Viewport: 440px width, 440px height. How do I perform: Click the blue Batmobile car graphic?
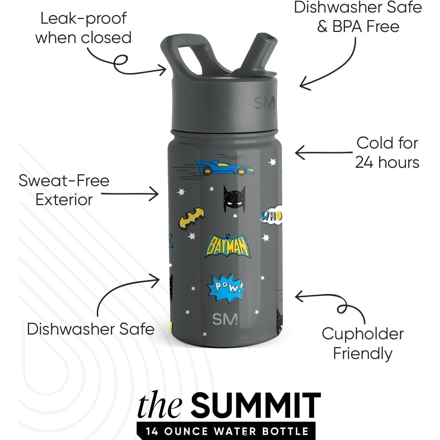[x=224, y=168]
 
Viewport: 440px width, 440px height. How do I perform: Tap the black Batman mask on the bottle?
[x=234, y=199]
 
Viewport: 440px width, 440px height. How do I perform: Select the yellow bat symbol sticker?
[x=191, y=217]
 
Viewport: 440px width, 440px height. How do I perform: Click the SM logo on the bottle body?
[x=225, y=319]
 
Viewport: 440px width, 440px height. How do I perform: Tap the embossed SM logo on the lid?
[x=265, y=103]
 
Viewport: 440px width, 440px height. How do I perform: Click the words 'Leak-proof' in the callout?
[x=83, y=19]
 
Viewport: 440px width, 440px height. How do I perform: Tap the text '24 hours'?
[x=387, y=162]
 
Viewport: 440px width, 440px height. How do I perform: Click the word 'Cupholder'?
[x=363, y=334]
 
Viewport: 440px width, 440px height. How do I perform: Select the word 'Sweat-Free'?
[x=64, y=181]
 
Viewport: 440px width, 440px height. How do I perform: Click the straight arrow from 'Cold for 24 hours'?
[x=324, y=152]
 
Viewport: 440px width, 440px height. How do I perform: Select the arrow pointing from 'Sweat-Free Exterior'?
[x=130, y=194]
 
